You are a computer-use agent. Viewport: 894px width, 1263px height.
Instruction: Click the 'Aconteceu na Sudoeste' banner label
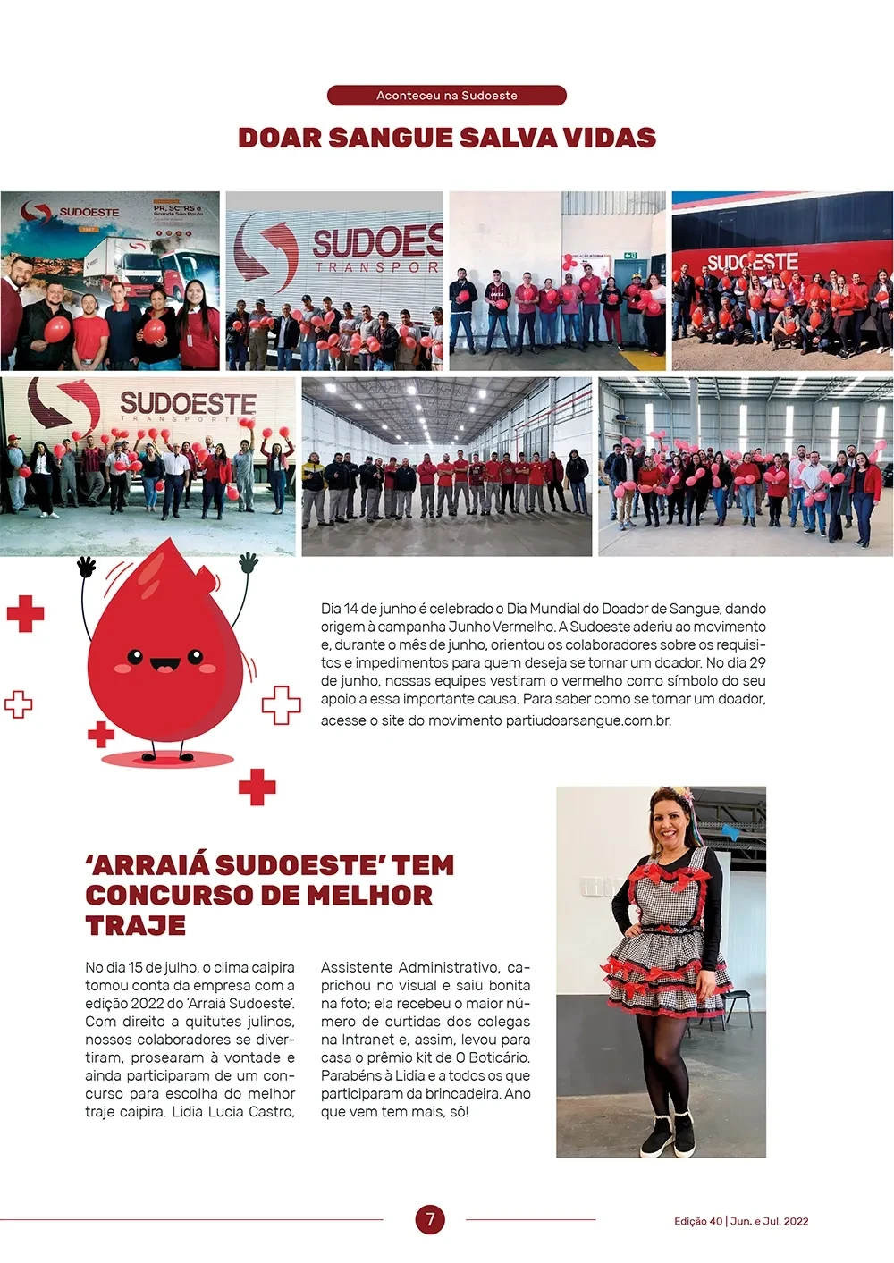pyautogui.click(x=447, y=96)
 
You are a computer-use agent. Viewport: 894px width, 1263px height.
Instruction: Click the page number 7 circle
pyautogui.click(x=430, y=1219)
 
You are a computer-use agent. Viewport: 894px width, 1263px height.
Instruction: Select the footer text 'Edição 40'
pyautogui.click(x=697, y=1221)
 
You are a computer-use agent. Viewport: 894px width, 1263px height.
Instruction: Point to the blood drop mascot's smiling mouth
pyautogui.click(x=165, y=665)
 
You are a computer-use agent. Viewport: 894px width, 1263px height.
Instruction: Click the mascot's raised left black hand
pyautogui.click(x=87, y=567)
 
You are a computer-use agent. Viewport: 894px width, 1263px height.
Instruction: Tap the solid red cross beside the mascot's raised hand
pyautogui.click(x=25, y=613)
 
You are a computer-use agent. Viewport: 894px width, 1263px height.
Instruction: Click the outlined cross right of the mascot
pyautogui.click(x=281, y=704)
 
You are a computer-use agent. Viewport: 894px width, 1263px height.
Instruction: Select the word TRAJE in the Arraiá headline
pyautogui.click(x=136, y=925)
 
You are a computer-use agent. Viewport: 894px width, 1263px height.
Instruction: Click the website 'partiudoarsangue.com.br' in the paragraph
pyautogui.click(x=587, y=720)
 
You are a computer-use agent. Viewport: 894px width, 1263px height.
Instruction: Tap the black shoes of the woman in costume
pyautogui.click(x=668, y=1133)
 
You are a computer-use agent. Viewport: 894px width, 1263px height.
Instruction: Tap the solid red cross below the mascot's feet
pyautogui.click(x=257, y=787)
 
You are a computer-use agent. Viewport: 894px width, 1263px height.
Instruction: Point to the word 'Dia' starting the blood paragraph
pyautogui.click(x=331, y=609)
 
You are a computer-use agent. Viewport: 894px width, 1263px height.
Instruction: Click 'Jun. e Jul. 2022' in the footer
pyautogui.click(x=769, y=1221)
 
